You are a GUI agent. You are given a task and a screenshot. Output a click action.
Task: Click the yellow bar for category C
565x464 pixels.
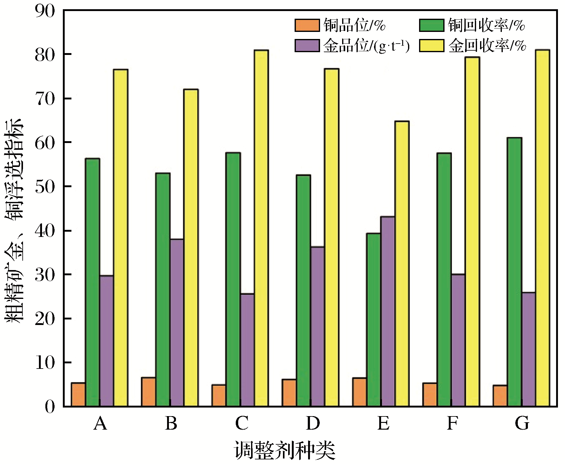point(261,228)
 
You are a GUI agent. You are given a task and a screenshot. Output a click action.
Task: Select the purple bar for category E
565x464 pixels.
point(387,311)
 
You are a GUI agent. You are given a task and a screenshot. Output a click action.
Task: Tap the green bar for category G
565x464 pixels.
point(514,272)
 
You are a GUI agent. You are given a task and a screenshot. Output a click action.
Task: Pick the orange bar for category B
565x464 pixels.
point(148,392)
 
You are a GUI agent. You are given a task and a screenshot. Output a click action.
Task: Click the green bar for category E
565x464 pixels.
point(373,320)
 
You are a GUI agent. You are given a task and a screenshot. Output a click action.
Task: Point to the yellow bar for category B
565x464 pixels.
point(191,248)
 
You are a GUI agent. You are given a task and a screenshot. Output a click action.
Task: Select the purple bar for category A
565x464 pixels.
point(106,341)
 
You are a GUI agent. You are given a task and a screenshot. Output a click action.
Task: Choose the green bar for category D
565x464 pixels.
point(303,291)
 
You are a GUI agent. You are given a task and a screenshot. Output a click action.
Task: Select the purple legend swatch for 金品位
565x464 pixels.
point(307,45)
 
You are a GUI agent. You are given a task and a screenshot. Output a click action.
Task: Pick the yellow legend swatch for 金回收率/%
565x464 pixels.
point(431,45)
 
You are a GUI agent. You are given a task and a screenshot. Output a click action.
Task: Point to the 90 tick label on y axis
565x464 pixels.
point(45,11)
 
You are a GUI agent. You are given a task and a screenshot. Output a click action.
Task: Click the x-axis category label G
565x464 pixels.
point(522,423)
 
